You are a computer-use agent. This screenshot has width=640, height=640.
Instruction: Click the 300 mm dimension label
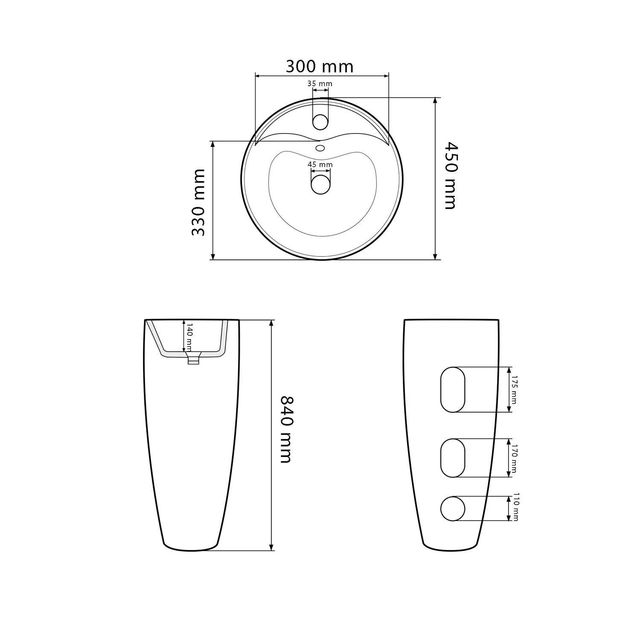pos(320,66)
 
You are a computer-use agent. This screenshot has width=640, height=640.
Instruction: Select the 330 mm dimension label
pos(198,202)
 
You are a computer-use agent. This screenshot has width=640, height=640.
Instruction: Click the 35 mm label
pos(320,84)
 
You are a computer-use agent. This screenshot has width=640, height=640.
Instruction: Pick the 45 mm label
pos(320,165)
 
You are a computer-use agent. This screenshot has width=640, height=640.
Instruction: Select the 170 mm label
pos(514,459)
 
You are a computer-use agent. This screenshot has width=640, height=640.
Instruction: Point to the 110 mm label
pos(515,507)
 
